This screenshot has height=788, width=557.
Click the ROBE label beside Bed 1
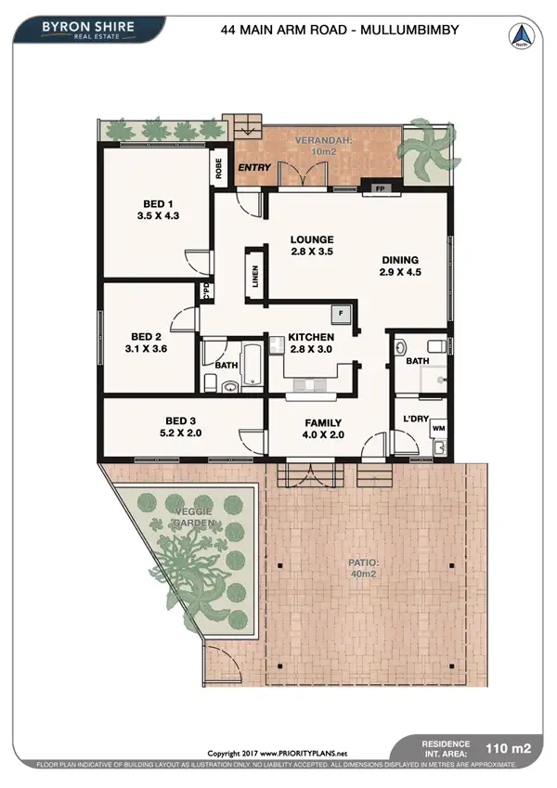219,169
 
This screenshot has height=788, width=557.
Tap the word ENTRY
254,168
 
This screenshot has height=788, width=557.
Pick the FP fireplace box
380,189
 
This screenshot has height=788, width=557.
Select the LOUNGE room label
311,239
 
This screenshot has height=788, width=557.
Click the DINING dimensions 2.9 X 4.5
400,273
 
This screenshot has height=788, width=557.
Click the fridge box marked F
342,314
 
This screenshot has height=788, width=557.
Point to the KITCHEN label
311,336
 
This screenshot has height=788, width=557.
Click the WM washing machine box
437,429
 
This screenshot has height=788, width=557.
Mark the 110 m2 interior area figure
514,746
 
